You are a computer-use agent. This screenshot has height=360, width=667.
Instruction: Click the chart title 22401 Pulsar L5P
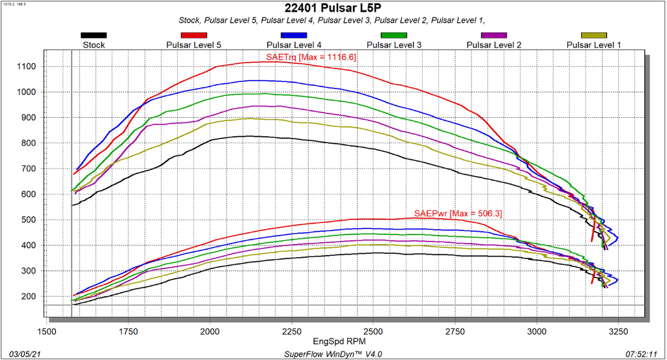(x=333, y=8)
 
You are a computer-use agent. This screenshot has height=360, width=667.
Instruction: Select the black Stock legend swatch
(x=94, y=35)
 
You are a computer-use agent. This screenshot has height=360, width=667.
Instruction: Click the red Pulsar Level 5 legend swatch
(x=193, y=35)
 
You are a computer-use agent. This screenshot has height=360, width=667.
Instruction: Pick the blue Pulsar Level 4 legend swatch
(x=293, y=35)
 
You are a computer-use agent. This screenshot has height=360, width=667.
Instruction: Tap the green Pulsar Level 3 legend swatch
(x=393, y=35)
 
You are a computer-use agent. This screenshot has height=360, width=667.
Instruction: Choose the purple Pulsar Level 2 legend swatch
(x=493, y=35)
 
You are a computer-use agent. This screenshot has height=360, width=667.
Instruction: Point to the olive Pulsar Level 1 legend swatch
(x=593, y=35)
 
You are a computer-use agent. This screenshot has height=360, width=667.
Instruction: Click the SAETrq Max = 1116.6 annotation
(x=311, y=57)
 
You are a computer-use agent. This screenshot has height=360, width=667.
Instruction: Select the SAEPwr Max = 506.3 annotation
(x=458, y=214)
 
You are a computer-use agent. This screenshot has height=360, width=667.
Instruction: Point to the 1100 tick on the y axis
(x=28, y=66)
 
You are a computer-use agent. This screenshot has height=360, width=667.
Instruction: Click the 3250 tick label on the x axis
(x=618, y=331)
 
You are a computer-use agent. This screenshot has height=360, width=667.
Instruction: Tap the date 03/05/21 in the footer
(x=18, y=353)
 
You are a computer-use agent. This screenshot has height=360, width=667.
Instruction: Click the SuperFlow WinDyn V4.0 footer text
(x=333, y=353)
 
